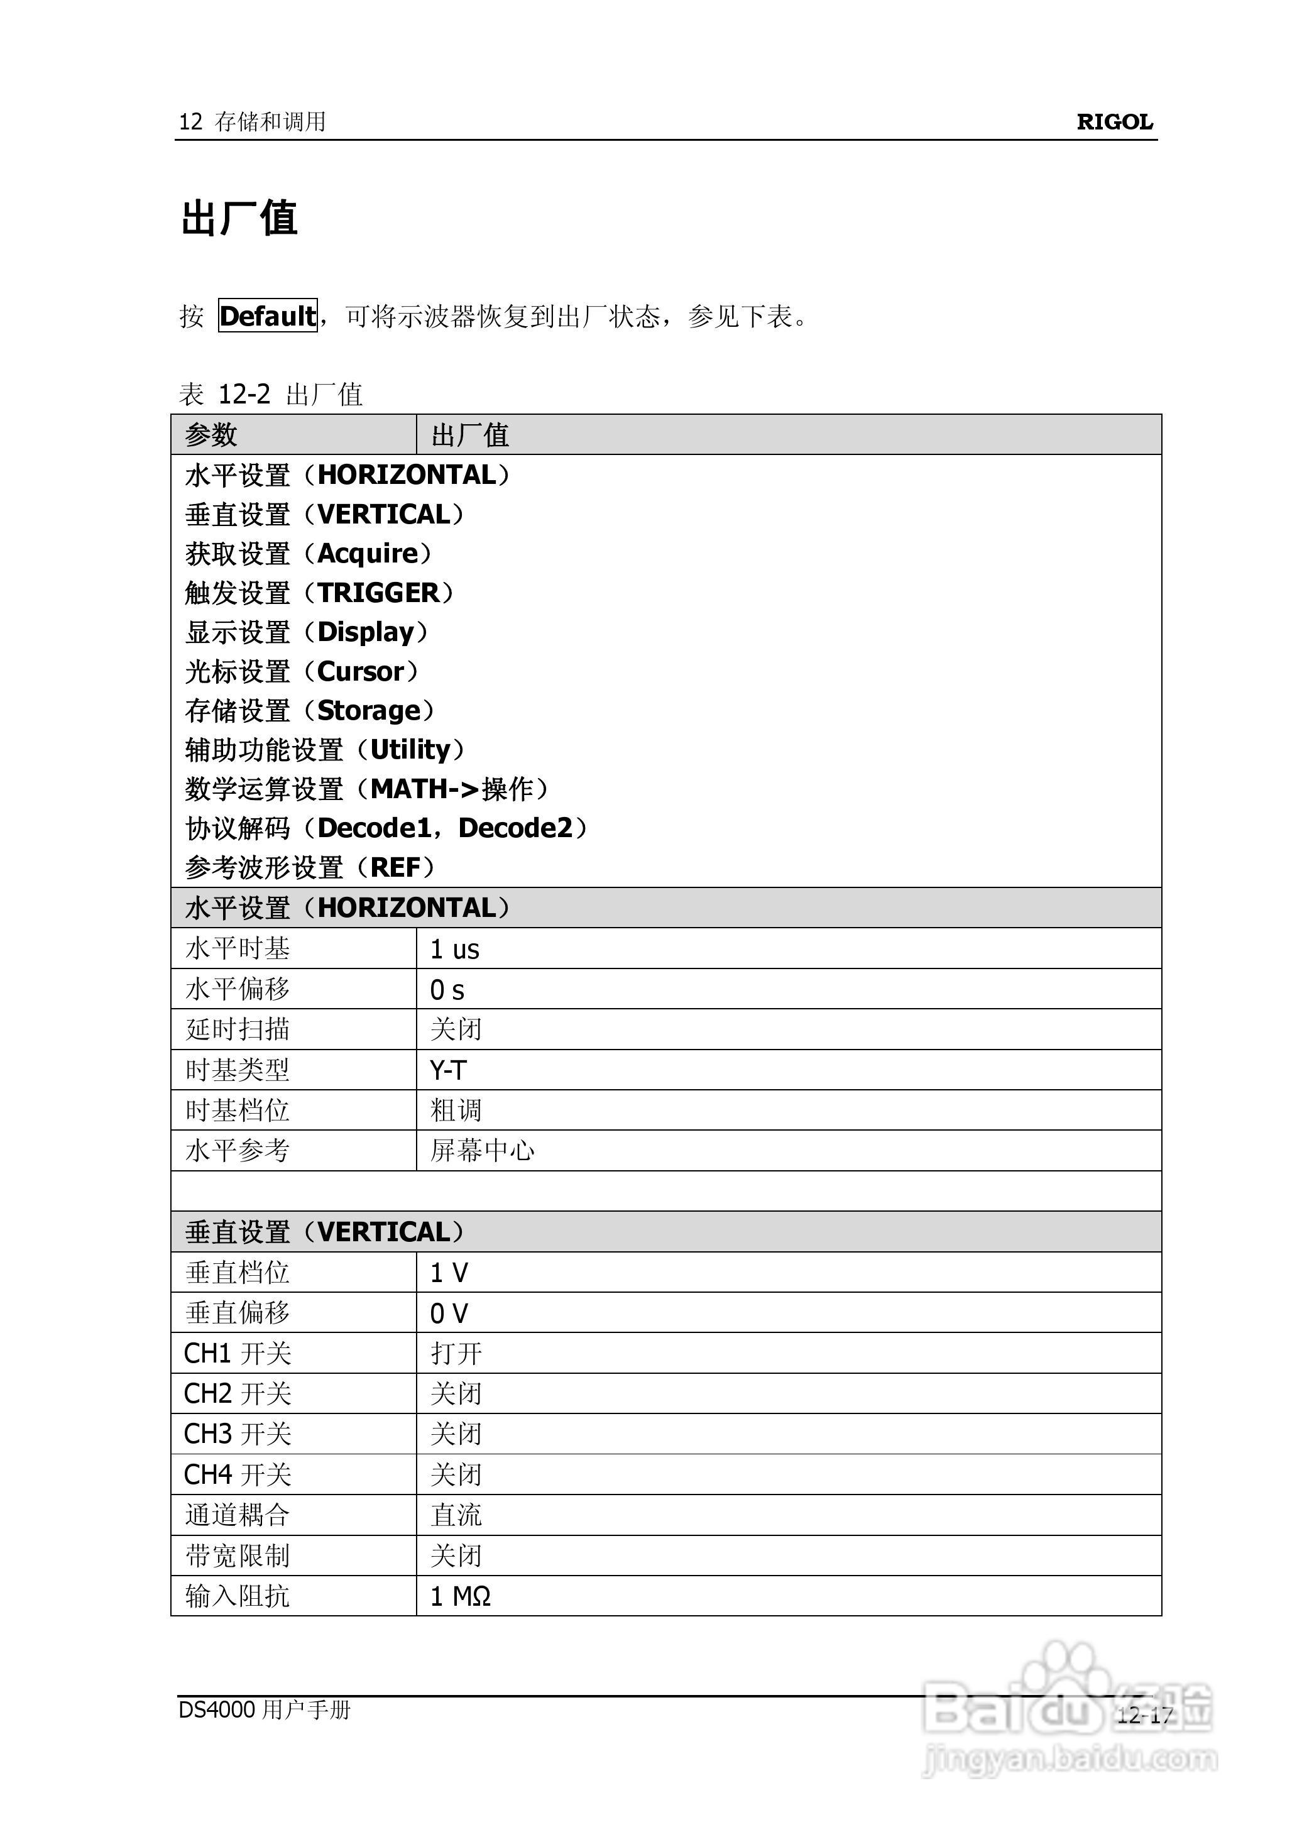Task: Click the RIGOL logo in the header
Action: click(1114, 122)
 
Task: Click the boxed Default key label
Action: click(268, 316)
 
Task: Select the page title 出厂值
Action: click(239, 218)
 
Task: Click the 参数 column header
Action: click(212, 436)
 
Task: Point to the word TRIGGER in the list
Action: click(378, 593)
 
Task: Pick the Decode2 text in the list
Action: click(516, 828)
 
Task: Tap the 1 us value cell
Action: click(454, 950)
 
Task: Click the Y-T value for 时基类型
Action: click(448, 1070)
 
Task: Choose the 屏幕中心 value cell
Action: click(483, 1151)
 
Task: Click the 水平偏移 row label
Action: click(237, 989)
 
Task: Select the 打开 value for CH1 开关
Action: click(456, 1354)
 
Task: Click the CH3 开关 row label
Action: click(237, 1434)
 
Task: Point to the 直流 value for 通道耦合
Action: click(456, 1515)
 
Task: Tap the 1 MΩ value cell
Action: click(460, 1596)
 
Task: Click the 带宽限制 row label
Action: click(237, 1555)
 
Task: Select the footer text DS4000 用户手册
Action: click(265, 1710)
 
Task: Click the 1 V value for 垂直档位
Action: click(449, 1273)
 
